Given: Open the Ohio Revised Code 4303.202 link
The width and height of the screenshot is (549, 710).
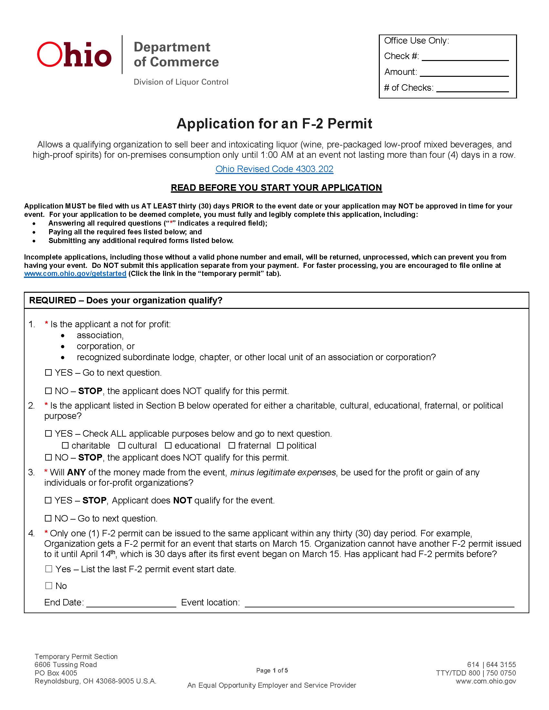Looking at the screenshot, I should pos(274,169).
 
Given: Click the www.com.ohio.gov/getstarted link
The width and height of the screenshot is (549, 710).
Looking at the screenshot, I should pos(75,274).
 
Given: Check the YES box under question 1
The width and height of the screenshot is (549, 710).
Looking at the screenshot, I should pos(48,372).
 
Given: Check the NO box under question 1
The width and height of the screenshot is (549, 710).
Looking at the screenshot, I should pos(48,391).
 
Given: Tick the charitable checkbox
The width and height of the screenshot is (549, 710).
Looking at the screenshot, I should pos(65,445).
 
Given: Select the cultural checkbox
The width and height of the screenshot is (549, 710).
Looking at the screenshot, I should pos(122,445).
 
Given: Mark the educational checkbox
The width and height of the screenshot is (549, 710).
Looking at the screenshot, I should pos(168,445).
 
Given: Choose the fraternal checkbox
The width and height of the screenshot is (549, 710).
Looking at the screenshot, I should pos(232,445).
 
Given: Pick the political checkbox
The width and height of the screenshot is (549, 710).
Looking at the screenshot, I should pos(280,445).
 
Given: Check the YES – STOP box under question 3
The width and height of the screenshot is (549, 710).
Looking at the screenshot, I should pos(48,500).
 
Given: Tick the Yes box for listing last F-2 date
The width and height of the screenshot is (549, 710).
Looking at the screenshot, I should pos(49,569).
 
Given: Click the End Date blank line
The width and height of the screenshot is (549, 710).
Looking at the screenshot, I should pos(131,603).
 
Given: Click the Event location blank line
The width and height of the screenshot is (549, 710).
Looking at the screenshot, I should pos(379,603).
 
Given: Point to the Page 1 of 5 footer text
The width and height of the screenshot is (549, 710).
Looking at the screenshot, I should pos(272,670).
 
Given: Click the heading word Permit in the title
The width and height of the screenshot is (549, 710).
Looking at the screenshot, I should pos(350,124).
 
